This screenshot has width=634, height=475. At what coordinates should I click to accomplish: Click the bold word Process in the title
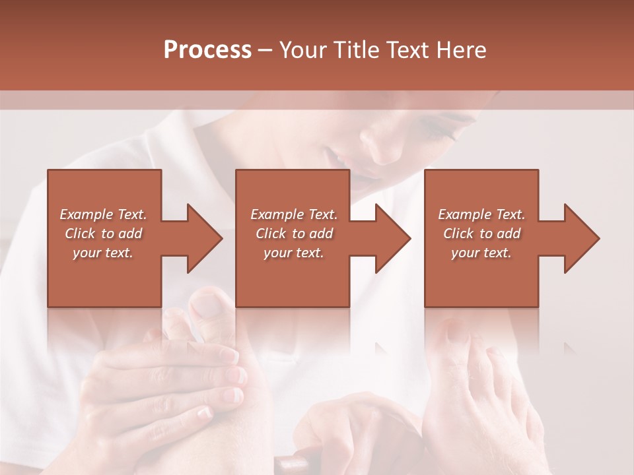click(x=207, y=50)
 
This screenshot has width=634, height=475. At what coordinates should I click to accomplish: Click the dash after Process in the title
click(x=265, y=51)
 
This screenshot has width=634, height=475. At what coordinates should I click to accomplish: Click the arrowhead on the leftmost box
click(x=205, y=238)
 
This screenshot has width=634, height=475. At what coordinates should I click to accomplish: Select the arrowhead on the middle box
click(x=394, y=238)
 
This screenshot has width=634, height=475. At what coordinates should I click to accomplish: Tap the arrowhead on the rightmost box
click(x=582, y=238)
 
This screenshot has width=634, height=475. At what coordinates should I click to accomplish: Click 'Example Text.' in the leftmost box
click(x=103, y=214)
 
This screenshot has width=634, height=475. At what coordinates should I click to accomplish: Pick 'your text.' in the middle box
click(x=293, y=253)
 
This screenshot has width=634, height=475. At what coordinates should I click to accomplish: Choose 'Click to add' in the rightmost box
click(x=481, y=234)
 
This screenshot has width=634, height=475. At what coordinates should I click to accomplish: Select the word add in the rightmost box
click(x=508, y=234)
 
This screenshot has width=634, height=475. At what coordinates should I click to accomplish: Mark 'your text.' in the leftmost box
click(x=103, y=253)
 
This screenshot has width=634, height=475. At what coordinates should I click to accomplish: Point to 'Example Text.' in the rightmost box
click(x=481, y=214)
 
